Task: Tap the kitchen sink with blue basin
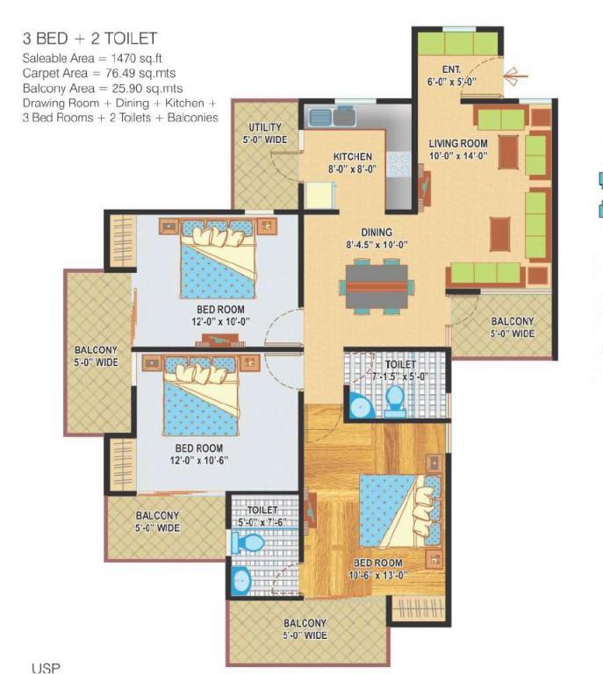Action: tap(320, 118)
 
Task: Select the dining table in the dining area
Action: tap(377, 287)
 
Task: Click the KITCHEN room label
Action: tap(353, 156)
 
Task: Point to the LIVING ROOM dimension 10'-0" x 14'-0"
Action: tap(458, 155)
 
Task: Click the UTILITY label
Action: tap(265, 127)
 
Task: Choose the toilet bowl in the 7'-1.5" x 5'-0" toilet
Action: tap(395, 402)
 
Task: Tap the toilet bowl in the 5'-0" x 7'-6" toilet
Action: tap(248, 543)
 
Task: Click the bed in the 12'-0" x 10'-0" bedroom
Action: tap(219, 259)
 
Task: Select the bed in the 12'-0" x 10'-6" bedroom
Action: tap(201, 396)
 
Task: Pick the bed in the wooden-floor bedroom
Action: tap(400, 510)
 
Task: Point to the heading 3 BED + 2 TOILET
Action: tap(90, 39)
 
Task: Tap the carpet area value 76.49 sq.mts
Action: tap(140, 73)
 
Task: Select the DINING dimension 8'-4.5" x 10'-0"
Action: tap(377, 245)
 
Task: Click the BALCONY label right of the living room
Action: tap(513, 321)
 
